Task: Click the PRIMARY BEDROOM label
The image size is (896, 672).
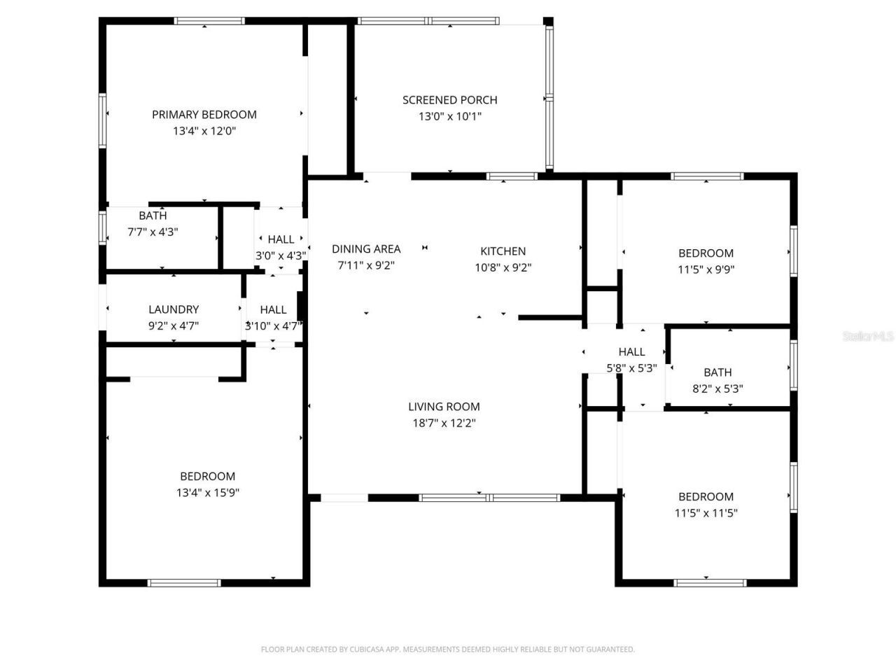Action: tap(204, 114)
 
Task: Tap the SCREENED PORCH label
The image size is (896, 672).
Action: tap(449, 100)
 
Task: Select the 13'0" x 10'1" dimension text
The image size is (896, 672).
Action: tap(449, 116)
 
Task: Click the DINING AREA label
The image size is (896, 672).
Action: tap(366, 248)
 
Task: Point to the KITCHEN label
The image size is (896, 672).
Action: tap(503, 251)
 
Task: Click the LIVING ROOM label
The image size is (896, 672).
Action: tap(444, 406)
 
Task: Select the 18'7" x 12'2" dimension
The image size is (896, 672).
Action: tap(444, 423)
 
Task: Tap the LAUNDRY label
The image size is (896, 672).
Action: tap(174, 309)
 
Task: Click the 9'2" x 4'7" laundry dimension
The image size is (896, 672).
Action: tap(174, 325)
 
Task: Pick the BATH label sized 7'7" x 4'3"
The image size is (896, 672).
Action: tap(153, 216)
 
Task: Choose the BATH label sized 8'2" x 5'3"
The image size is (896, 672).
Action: tap(717, 372)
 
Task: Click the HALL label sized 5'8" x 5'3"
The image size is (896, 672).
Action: tap(631, 351)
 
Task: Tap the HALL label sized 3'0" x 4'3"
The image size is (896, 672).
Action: tap(281, 239)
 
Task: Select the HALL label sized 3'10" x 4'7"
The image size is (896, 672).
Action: tap(273, 309)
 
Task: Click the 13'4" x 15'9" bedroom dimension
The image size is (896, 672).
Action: tap(208, 493)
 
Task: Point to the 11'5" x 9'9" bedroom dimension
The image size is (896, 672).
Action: tap(706, 269)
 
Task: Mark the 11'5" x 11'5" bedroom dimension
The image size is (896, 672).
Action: tap(706, 513)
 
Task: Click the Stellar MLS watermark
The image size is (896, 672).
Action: tap(868, 337)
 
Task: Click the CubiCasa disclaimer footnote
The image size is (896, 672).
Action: tap(448, 650)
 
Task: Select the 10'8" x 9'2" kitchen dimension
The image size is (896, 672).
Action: tap(503, 267)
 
